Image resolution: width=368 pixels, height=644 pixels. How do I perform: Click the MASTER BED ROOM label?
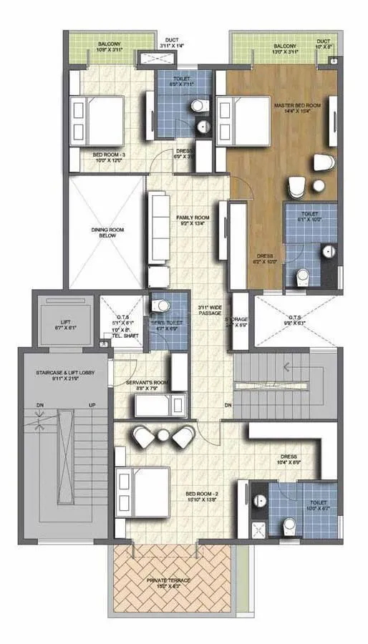(297, 105)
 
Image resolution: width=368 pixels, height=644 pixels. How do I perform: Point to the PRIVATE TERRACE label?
(169, 580)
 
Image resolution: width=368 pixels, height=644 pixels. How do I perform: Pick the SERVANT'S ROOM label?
(146, 383)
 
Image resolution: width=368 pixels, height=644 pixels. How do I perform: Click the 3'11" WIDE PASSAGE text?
(210, 311)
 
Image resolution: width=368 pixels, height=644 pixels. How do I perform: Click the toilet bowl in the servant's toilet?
(163, 307)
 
